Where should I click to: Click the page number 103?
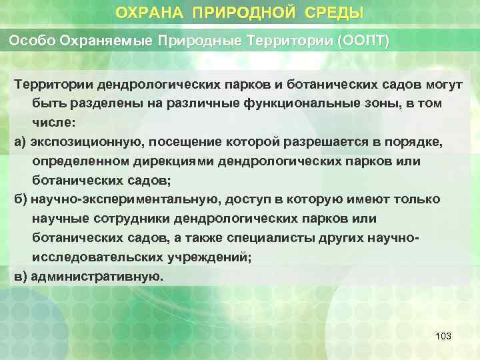pyautogui.click(x=443, y=336)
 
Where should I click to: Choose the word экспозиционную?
pyautogui.click(x=83, y=143)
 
